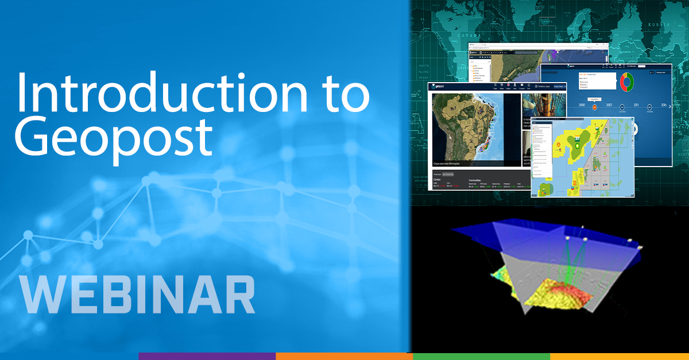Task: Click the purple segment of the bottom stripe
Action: pyautogui.click(x=207, y=356)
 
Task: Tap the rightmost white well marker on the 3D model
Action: pyautogui.click(x=640, y=247)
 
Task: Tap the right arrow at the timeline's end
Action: pyautogui.click(x=634, y=129)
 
